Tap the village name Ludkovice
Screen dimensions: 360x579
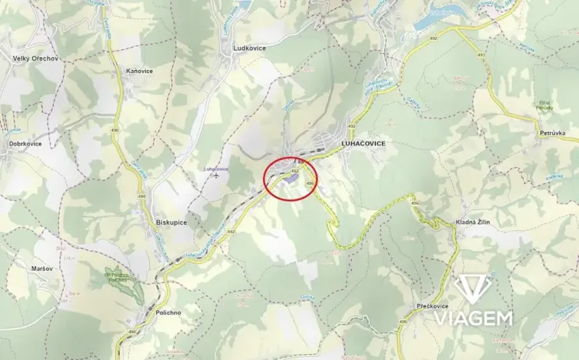[x=249, y=48]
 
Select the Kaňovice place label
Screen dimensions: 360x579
[x=139, y=71]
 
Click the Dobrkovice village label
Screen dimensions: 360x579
[x=25, y=143]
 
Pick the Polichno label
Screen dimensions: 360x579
[x=167, y=313]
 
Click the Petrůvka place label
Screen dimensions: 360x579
[x=552, y=133]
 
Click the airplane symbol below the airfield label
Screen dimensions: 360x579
[x=218, y=176]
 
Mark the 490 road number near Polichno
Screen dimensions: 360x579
[x=131, y=332]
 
